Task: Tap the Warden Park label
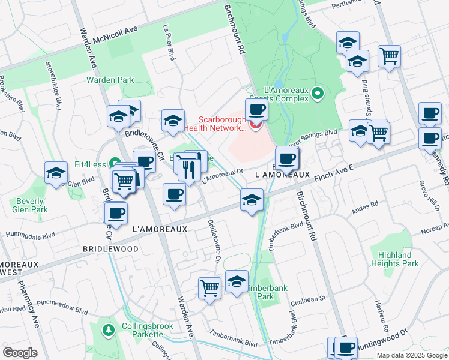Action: [110, 80]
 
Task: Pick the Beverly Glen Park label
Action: [29, 205]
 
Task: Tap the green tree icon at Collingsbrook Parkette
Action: [108, 329]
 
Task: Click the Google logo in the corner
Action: [20, 353]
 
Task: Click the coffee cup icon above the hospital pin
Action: [256, 110]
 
